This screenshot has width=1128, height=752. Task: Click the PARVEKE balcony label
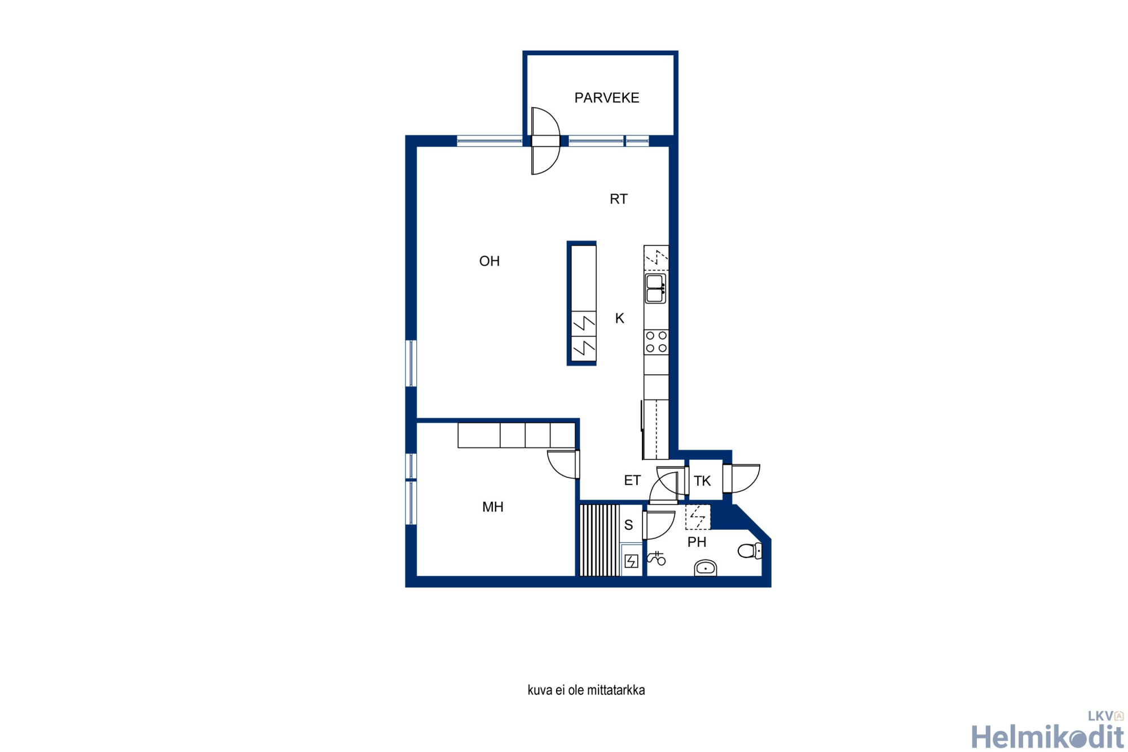[x=607, y=98]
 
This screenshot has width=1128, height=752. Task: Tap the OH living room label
[x=490, y=261]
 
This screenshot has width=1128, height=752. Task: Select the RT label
[x=619, y=199]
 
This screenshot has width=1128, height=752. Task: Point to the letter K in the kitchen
[x=620, y=319]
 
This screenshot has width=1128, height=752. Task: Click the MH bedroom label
[x=493, y=507]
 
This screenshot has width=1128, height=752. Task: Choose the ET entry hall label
[x=632, y=480]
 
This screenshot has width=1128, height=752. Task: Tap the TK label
[x=702, y=481]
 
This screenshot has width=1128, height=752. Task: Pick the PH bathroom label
[x=697, y=542]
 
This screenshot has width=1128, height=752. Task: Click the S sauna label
[x=629, y=525]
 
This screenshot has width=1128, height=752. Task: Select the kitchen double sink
[x=655, y=288]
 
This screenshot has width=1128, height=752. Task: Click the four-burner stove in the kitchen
[x=656, y=342]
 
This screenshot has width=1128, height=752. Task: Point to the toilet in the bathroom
[x=750, y=551]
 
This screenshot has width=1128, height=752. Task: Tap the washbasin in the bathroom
[x=706, y=568]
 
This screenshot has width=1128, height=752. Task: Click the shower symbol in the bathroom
[x=656, y=558]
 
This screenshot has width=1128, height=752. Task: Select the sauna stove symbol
[x=632, y=561]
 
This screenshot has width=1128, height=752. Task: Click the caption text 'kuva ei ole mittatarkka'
[x=586, y=691]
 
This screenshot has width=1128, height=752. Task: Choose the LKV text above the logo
[x=1100, y=716]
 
